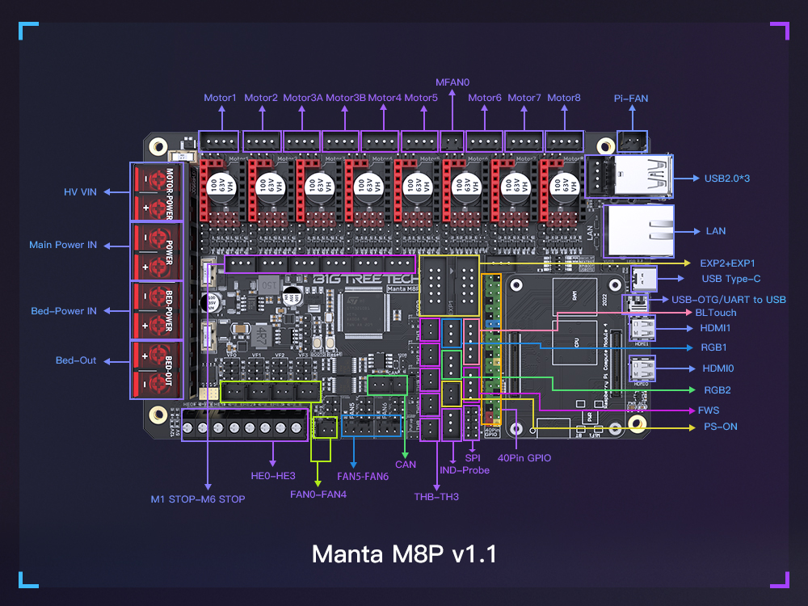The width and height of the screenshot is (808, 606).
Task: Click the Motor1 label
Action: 220,98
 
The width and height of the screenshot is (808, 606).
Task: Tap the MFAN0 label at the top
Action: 452,82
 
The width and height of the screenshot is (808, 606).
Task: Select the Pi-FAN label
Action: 630,99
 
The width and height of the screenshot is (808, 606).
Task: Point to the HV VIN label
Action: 81,192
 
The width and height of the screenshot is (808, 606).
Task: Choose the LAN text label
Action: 716,231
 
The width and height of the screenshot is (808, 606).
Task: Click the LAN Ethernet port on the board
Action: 639,230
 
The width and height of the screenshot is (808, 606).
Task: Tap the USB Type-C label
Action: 733,279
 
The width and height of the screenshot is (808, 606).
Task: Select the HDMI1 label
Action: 715,329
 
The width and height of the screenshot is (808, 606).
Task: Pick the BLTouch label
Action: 716,312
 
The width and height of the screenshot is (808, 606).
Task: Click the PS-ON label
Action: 720,427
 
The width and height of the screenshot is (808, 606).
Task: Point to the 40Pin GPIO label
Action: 524,458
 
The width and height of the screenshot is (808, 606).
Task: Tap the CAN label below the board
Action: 406,465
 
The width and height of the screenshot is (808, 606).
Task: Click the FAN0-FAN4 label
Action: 318,494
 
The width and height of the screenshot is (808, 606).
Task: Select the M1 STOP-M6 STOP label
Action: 198,499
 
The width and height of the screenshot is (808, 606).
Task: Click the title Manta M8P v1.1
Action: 404,555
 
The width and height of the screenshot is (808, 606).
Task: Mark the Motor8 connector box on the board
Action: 564,141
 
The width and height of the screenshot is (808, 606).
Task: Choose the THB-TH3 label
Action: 436,496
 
